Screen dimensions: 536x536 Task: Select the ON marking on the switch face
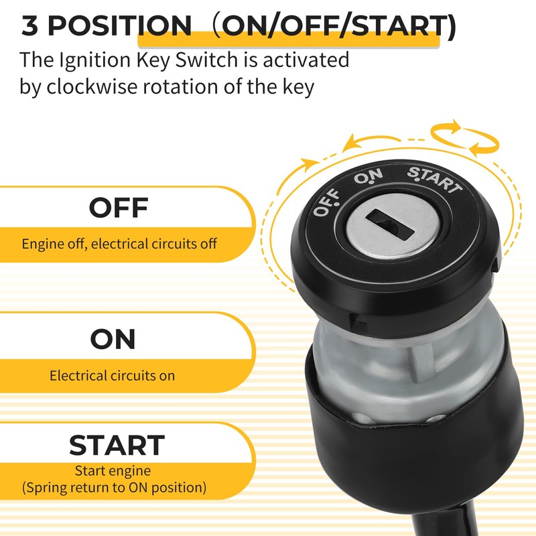pos(368,176)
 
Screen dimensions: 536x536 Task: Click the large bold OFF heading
pos(118,208)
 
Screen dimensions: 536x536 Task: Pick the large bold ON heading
pos(113,340)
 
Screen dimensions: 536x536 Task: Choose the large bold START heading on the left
pos(117,446)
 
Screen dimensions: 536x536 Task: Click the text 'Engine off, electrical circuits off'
pos(119,243)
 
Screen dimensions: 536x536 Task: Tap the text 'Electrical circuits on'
pos(112,375)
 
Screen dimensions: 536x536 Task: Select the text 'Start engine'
pos(113,471)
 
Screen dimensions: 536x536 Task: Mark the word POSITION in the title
pos(119,26)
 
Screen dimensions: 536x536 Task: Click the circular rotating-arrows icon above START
pos(464,139)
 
